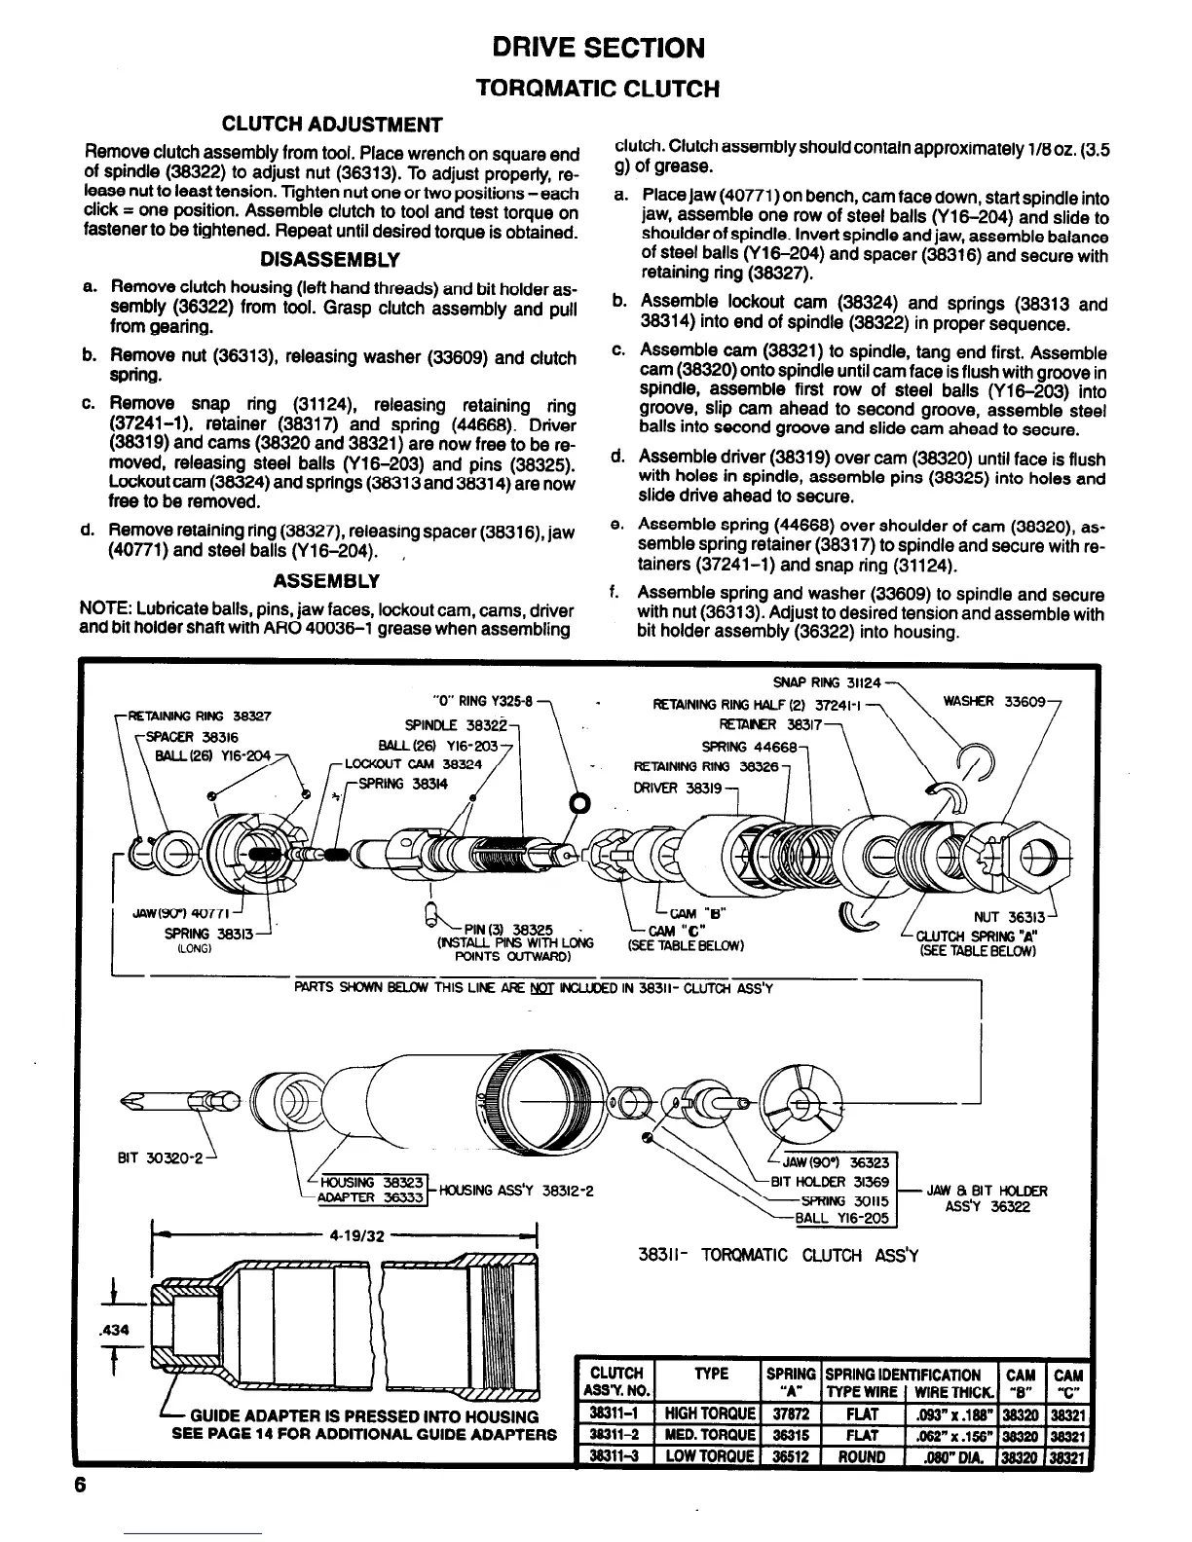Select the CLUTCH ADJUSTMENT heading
[x=332, y=125]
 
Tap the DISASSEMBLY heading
[x=330, y=260]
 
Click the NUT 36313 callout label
[x=1009, y=917]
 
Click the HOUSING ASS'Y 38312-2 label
[x=517, y=1190]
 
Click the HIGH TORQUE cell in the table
[x=710, y=1414]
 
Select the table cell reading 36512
[x=790, y=1457]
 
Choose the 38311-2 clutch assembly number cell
[x=615, y=1436]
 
